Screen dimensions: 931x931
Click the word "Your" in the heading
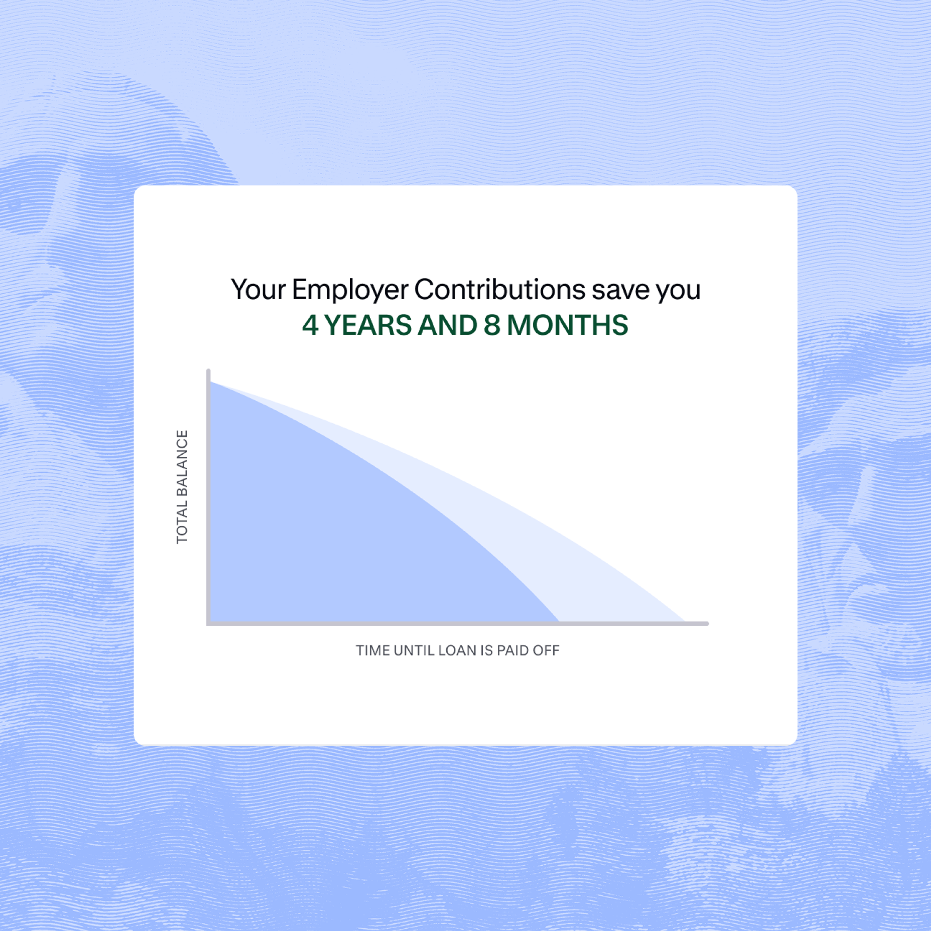(258, 290)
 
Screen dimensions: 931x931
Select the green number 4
(310, 325)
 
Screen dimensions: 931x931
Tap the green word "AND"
(447, 325)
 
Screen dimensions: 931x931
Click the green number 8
(492, 325)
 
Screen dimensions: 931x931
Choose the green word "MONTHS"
(567, 325)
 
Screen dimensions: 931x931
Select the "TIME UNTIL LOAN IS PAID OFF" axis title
(457, 651)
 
